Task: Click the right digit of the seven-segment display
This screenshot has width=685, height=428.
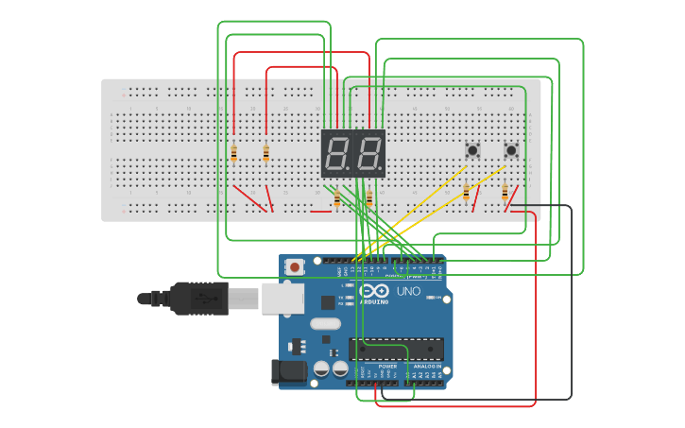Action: point(368,152)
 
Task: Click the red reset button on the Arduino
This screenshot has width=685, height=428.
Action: point(296,267)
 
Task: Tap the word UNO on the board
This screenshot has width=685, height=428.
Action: point(409,292)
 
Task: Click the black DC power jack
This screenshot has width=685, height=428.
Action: point(289,372)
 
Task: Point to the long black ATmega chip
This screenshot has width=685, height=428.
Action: point(396,349)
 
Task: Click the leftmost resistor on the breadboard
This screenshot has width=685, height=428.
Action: point(233,152)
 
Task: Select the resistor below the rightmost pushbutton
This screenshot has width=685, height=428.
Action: point(505,194)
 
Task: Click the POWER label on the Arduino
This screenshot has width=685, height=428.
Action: point(388,366)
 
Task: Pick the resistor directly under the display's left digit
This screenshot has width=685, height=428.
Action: point(337,197)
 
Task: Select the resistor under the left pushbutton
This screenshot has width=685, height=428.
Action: point(466,193)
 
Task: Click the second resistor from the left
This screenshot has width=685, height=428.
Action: point(266,152)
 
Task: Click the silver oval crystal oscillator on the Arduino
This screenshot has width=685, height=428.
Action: point(324,324)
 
